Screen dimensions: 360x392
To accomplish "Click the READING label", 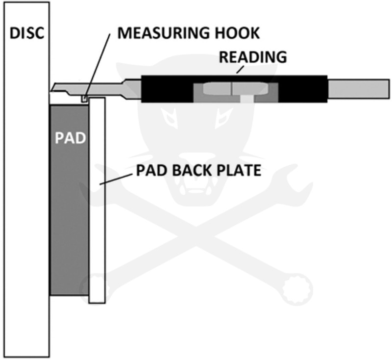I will (x=252, y=56).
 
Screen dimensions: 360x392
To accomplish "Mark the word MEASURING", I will (x=152, y=34).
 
